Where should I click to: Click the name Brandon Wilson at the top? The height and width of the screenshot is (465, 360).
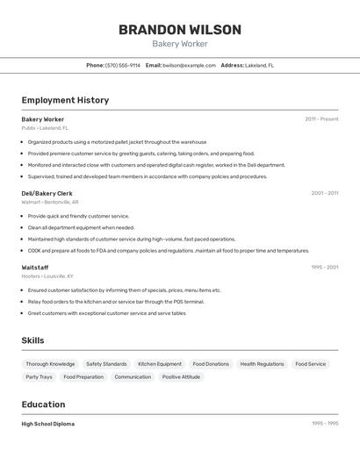tap(179, 30)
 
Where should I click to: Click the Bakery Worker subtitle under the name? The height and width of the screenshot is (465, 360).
tap(179, 44)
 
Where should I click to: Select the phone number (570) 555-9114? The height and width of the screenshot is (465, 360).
tap(122, 65)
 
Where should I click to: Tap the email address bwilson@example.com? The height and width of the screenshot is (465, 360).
tap(189, 65)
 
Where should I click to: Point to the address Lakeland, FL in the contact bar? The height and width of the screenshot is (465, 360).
tap(259, 65)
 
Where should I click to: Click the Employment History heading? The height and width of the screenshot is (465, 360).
tap(65, 100)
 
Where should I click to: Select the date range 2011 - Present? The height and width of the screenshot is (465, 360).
tap(321, 118)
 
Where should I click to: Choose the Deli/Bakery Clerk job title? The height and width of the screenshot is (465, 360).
tap(47, 193)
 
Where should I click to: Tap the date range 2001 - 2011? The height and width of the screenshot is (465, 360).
tap(324, 193)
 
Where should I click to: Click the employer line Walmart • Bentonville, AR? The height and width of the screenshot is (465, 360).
tap(50, 202)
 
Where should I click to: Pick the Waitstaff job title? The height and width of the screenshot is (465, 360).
tap(35, 267)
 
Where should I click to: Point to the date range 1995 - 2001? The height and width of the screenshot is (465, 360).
tap(324, 267)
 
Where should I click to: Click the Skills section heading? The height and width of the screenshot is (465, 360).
tap(32, 340)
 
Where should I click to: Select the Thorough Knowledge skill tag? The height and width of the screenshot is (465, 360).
tap(50, 364)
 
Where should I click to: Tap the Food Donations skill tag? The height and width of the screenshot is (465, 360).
tap(211, 364)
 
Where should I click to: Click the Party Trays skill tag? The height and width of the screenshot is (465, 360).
tap(39, 377)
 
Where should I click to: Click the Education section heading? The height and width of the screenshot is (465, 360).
tap(43, 404)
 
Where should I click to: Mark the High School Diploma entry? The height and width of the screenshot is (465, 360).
tap(48, 424)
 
